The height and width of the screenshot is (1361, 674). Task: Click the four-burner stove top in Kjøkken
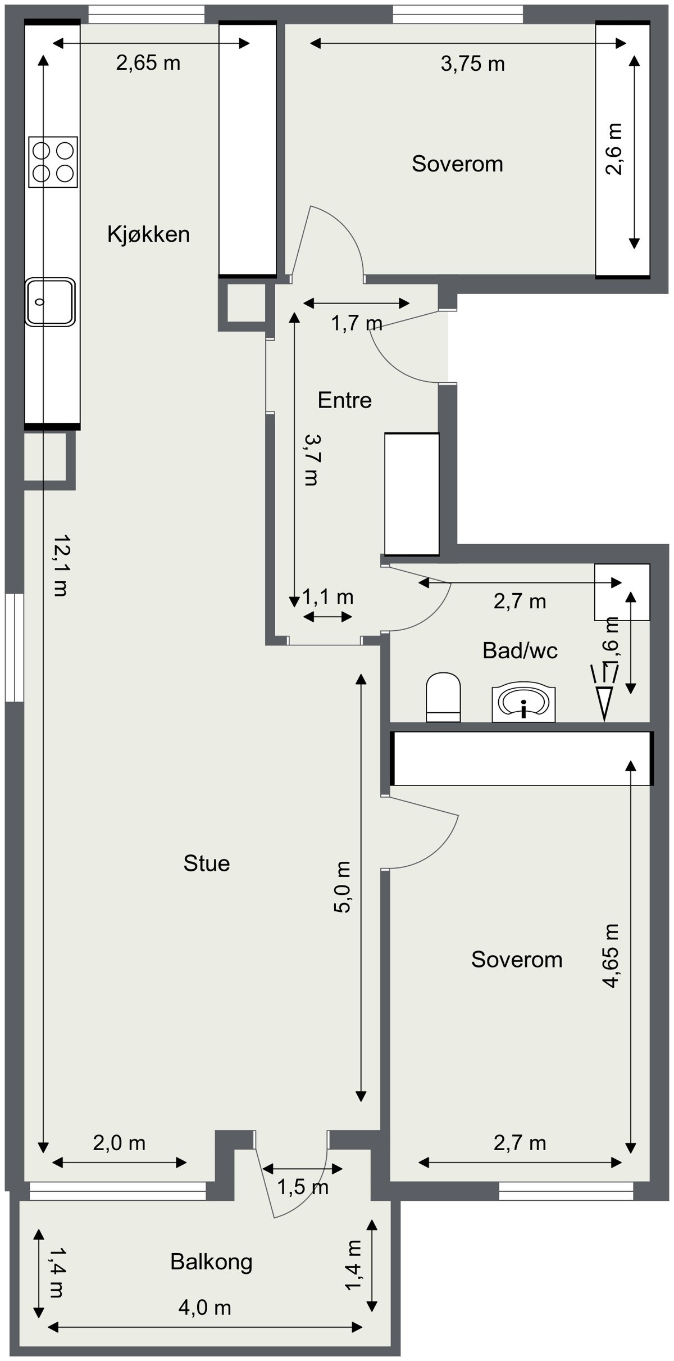click(53, 162)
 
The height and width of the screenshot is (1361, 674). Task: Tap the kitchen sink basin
click(50, 302)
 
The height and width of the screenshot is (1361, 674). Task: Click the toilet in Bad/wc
click(443, 697)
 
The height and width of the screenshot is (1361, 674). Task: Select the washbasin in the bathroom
click(523, 703)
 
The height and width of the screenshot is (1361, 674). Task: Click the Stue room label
click(206, 863)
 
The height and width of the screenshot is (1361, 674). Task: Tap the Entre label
click(344, 400)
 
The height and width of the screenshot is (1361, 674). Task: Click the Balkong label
click(211, 1262)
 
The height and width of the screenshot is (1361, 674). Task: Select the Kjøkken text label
click(148, 234)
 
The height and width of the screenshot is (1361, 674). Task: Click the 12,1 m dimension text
click(60, 565)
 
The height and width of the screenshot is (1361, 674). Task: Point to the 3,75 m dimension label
click(472, 64)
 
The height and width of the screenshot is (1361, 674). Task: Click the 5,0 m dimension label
click(343, 887)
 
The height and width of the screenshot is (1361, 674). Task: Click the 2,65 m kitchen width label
click(148, 62)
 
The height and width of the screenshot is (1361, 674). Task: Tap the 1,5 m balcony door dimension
click(303, 1187)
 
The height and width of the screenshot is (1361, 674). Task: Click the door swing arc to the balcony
click(315, 1192)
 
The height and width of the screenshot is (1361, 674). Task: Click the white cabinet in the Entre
click(412, 494)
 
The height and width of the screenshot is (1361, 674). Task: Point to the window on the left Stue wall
click(15, 647)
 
